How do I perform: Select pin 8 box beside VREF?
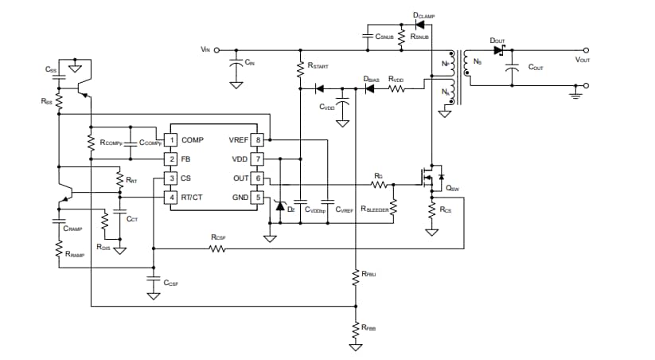258,140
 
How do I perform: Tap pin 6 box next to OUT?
258,178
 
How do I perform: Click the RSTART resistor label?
318,67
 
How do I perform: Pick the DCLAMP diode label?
424,15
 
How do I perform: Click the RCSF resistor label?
218,237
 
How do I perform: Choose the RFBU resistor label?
368,274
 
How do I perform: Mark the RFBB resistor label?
368,327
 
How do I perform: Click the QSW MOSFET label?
453,189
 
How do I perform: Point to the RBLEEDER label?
375,209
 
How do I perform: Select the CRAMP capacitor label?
73,229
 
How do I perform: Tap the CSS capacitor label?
50,69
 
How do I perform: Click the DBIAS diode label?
370,79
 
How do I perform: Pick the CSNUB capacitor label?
385,37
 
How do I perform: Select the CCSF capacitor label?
170,283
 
